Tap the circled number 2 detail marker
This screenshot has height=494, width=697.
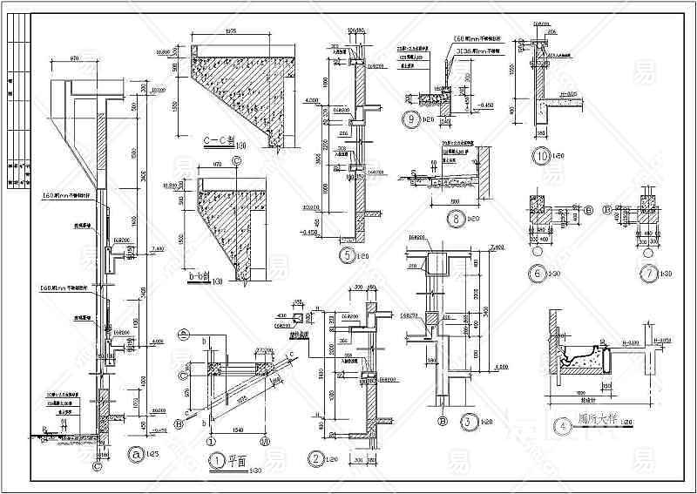point(315,458)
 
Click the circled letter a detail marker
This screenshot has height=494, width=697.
point(134,453)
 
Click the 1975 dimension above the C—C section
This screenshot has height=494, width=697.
point(230,32)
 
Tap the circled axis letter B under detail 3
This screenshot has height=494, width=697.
point(443,422)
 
